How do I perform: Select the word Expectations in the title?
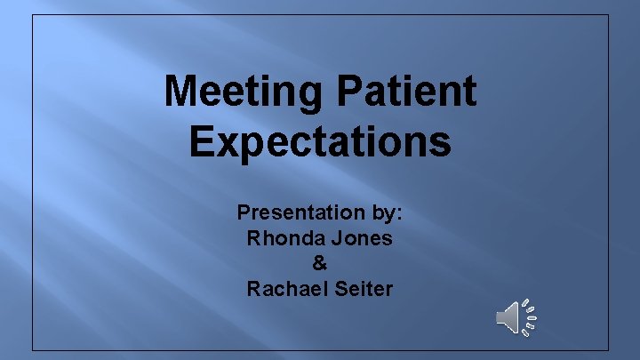click(x=320, y=142)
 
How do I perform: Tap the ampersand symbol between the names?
click(x=320, y=263)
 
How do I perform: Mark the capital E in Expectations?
click(x=200, y=142)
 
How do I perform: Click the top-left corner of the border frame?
click(x=33, y=14)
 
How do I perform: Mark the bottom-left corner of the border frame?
click(x=33, y=349)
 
